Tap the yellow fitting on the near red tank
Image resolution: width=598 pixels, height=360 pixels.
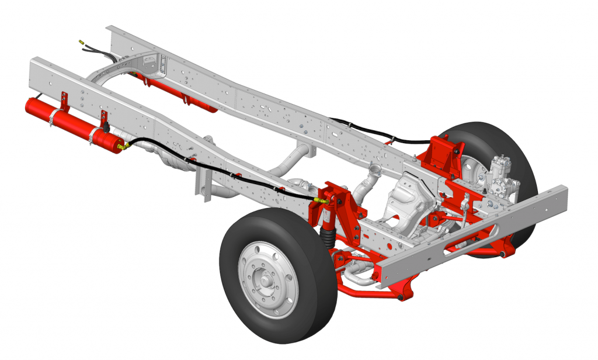(122, 147)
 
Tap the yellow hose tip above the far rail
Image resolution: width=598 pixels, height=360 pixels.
(81, 42)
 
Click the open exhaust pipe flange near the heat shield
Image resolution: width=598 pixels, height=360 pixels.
(374, 172)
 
